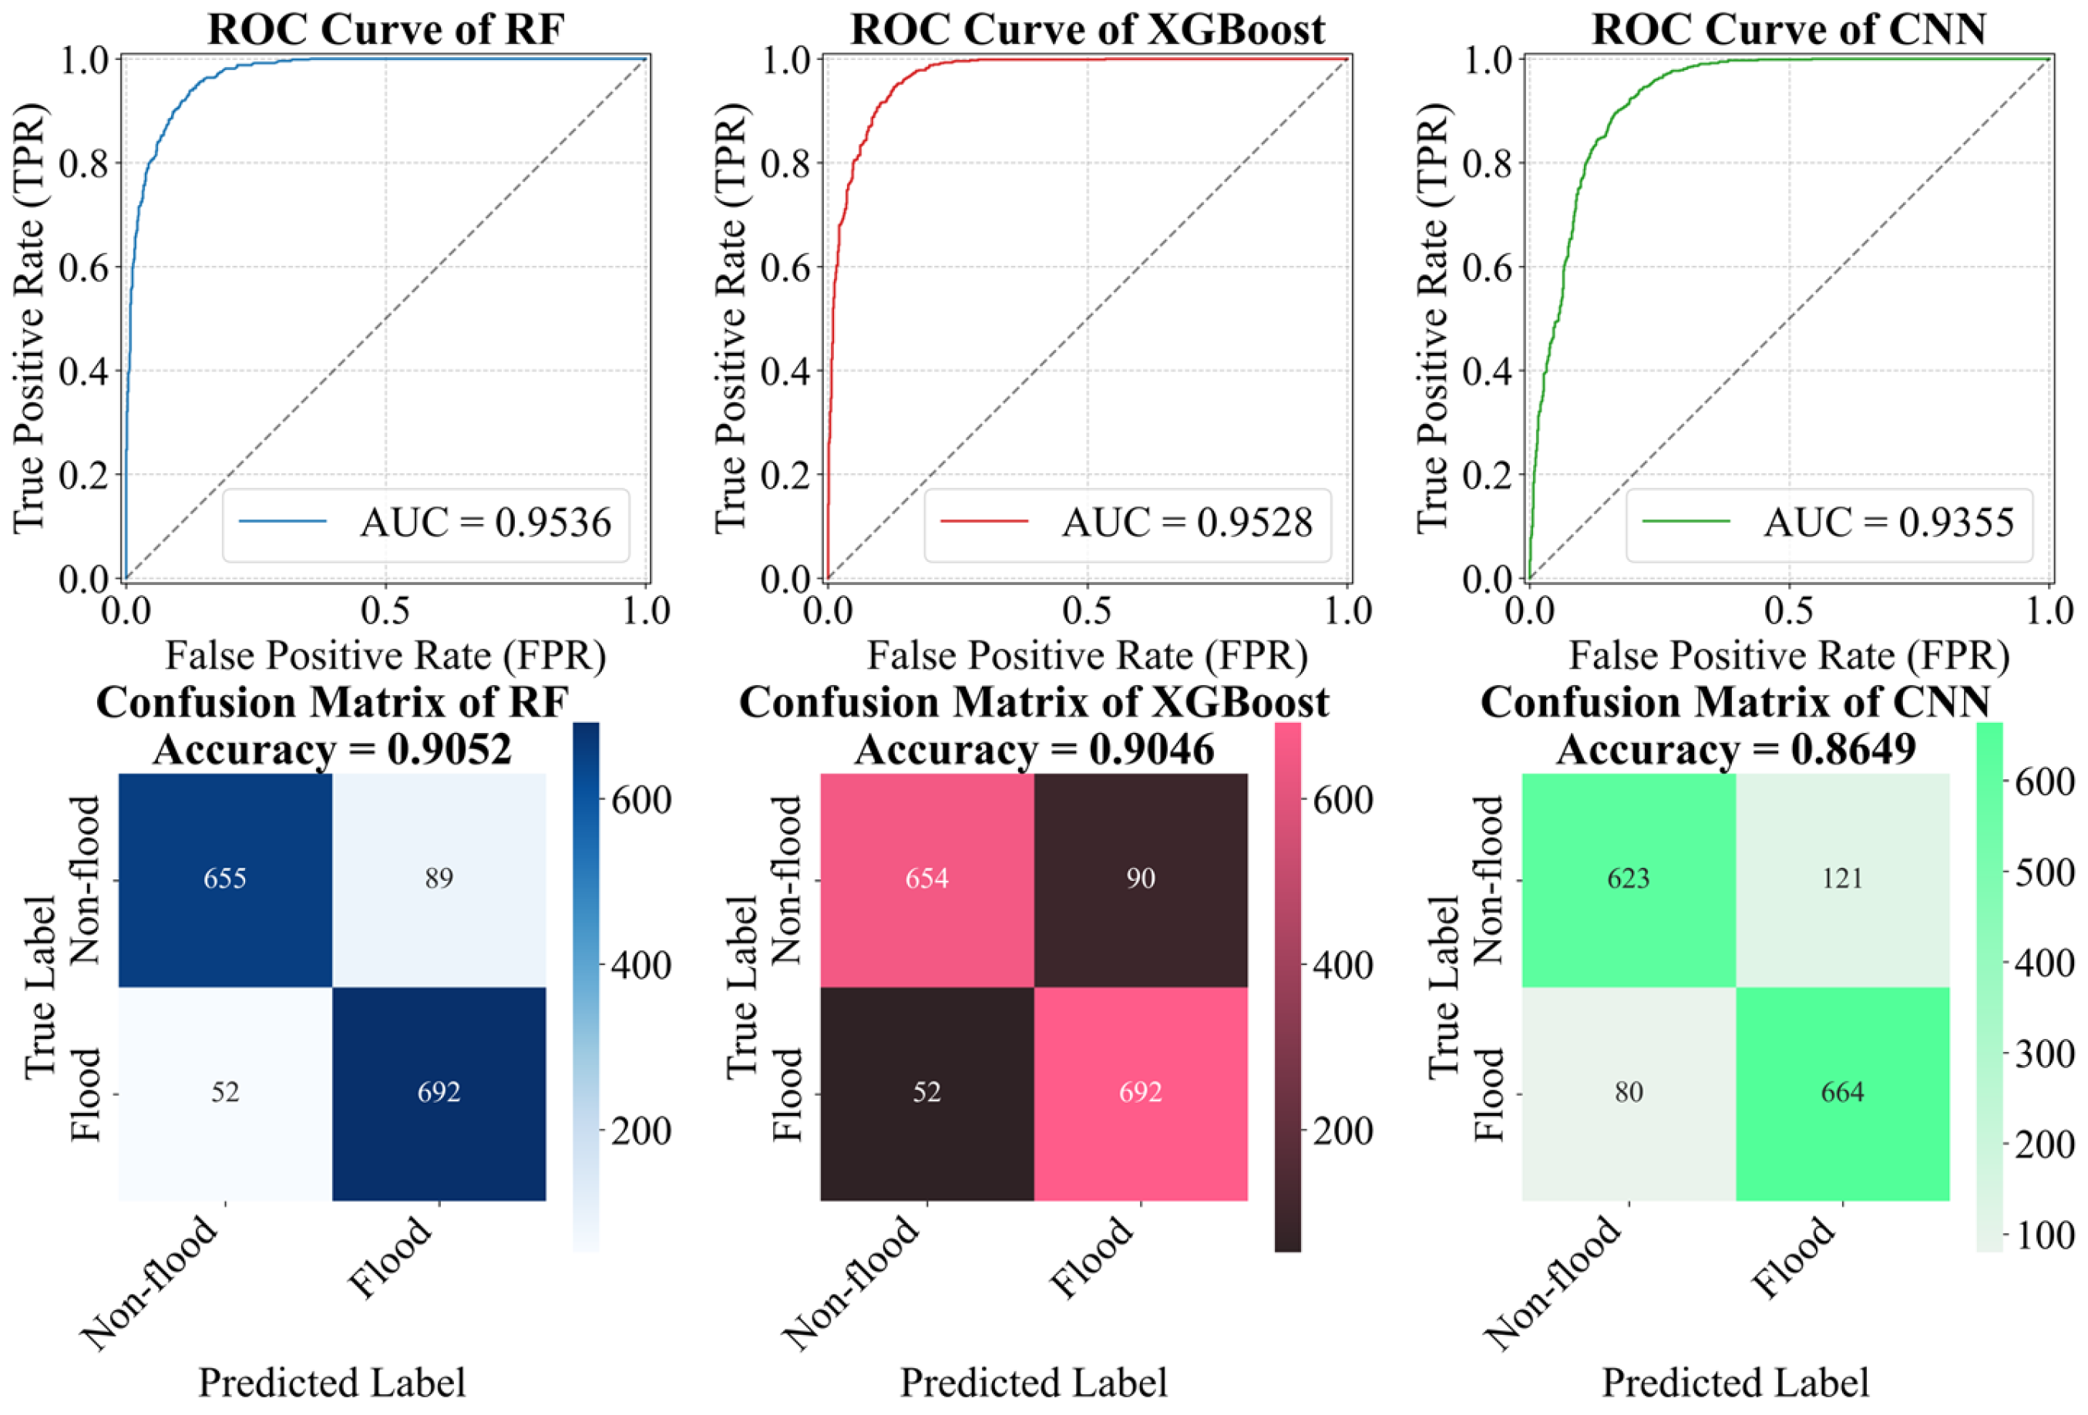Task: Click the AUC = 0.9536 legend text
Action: [x=485, y=523]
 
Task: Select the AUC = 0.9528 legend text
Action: [x=1187, y=523]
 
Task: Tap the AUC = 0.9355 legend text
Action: [x=1888, y=523]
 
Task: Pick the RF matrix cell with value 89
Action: [x=439, y=879]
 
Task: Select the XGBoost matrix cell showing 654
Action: [x=926, y=879]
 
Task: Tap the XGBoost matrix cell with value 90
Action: [x=1140, y=879]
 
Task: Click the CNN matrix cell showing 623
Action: [x=1628, y=879]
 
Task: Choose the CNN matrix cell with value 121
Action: [x=1842, y=879]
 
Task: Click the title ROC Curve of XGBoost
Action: [x=1087, y=29]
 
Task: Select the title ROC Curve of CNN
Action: [x=1789, y=29]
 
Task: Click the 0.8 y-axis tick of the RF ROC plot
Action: [x=88, y=163]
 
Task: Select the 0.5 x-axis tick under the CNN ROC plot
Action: [x=1789, y=611]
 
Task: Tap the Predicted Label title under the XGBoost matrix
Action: [x=1034, y=1383]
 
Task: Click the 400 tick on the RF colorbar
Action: [x=641, y=966]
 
